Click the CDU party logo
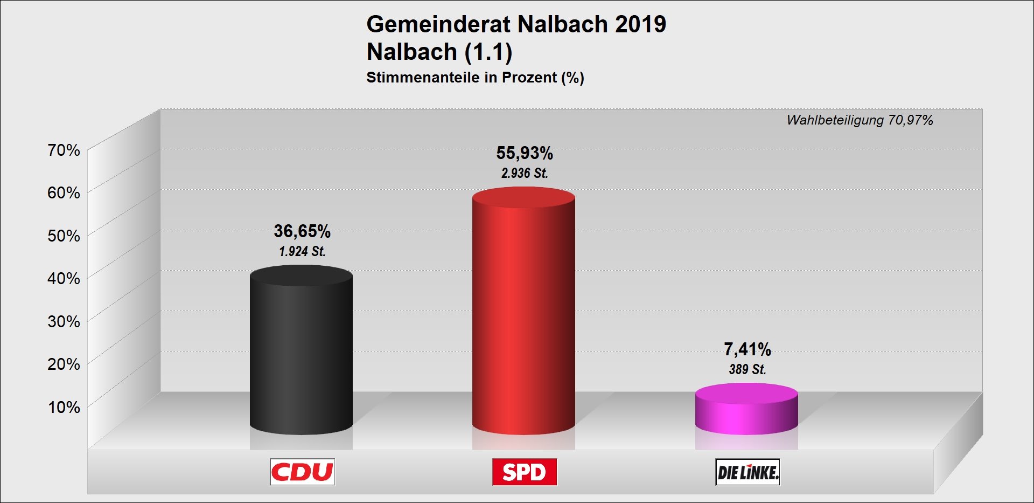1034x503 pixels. click(x=302, y=472)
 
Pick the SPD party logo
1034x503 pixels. click(x=525, y=472)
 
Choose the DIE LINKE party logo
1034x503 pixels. click(x=747, y=472)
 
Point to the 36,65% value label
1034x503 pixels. click(x=302, y=231)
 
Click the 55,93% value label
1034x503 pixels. click(x=525, y=153)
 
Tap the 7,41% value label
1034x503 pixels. click(x=747, y=349)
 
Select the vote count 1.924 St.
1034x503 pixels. click(x=302, y=251)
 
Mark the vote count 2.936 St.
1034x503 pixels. click(x=525, y=173)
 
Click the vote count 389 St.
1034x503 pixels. click(x=747, y=369)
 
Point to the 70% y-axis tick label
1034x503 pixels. click(x=64, y=150)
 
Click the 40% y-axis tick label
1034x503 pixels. click(x=64, y=278)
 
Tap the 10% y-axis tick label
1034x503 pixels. click(x=64, y=407)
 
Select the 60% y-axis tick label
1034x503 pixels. click(x=64, y=192)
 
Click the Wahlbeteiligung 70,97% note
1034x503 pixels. click(x=860, y=120)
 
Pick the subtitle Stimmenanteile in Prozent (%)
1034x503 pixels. click(x=475, y=78)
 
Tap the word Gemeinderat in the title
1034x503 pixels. click(x=438, y=24)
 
